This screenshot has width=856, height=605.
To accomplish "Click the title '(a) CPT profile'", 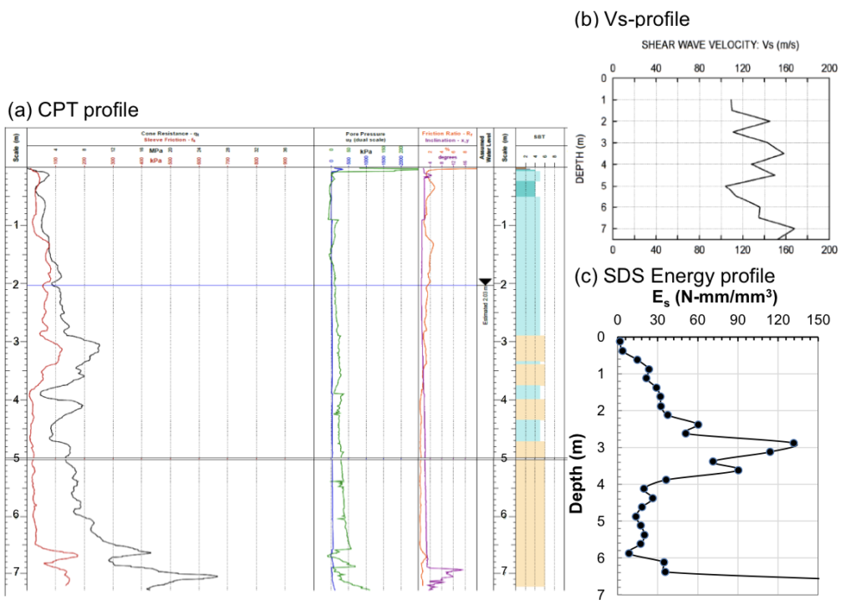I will coord(72,110).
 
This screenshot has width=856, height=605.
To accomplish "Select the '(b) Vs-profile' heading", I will coord(632,18).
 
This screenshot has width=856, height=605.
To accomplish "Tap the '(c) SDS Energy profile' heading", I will coord(681,275).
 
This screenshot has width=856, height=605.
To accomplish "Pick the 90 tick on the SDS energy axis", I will coord(738,319).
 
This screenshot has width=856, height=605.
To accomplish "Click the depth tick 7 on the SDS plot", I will coord(601,594).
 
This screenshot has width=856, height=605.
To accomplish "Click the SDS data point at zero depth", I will coord(619,341).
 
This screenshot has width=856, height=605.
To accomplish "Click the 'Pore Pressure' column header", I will coord(365,134).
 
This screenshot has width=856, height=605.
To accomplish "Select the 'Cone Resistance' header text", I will coord(168,134).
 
